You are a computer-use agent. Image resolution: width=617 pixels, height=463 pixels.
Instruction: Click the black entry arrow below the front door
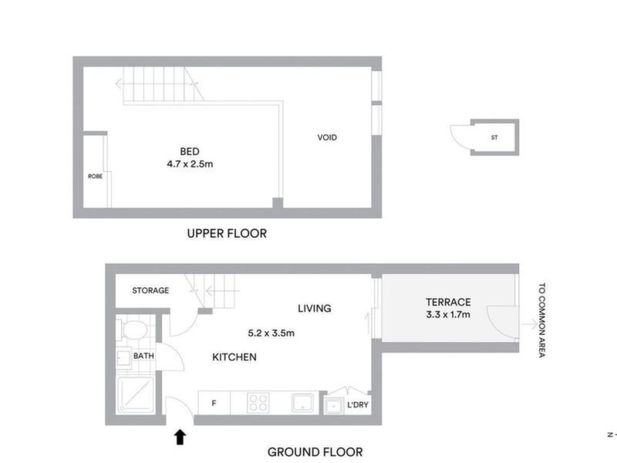pos(180,437)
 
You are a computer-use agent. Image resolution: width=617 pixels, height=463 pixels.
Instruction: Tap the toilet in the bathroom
pos(132,330)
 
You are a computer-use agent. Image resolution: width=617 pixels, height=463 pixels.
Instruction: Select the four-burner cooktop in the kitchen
pos(258,402)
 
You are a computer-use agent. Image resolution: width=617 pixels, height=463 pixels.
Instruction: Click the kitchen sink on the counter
pos(302,403)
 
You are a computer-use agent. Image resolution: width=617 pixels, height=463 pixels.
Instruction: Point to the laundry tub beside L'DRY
pos(334,406)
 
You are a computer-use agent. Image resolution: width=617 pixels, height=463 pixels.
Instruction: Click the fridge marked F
pos(214,403)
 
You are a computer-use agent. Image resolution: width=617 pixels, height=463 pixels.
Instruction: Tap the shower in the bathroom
pos(136,395)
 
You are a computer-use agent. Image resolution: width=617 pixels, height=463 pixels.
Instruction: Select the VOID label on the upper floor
pos(327,137)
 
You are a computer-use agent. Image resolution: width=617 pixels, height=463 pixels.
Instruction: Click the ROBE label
pos(95,177)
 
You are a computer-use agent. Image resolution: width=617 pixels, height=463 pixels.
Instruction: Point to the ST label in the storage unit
pos(494,137)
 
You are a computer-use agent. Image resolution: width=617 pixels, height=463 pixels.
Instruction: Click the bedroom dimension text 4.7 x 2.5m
pos(190,164)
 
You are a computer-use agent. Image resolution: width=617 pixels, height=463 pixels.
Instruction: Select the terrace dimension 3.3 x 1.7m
pos(448,315)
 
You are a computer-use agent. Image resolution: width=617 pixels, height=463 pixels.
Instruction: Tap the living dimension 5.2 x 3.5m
pos(271,333)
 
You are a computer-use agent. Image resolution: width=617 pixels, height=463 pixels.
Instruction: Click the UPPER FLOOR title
pos(227,234)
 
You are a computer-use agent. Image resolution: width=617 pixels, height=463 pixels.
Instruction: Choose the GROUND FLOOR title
pos(315,452)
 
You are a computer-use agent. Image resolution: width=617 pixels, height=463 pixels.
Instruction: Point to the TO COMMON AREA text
pos(542,320)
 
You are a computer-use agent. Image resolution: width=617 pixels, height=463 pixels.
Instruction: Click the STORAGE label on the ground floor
pos(150,291)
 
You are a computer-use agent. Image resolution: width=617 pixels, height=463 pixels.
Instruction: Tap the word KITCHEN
pos(234,357)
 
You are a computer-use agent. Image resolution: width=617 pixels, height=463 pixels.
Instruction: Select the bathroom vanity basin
pos(123,357)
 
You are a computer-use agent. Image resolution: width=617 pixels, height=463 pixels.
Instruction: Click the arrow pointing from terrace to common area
pos(529,324)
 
